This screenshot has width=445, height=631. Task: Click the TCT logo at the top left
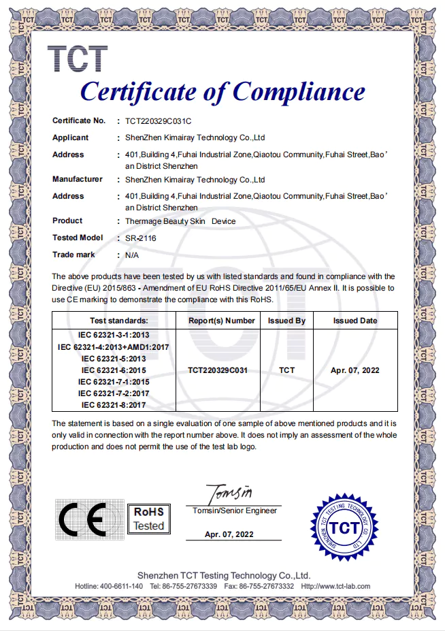[78, 59]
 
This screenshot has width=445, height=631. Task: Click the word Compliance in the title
[298, 91]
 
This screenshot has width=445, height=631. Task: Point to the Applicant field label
[71, 137]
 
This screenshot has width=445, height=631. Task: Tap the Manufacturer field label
[78, 179]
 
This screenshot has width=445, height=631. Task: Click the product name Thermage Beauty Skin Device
[180, 221]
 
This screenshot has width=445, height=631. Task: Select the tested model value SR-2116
[142, 238]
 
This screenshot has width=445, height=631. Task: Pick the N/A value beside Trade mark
[133, 255]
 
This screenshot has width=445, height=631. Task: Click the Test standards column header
[114, 321]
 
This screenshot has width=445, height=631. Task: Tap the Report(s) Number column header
[221, 321]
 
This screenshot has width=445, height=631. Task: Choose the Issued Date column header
[355, 321]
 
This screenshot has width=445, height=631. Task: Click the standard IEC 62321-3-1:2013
[114, 335]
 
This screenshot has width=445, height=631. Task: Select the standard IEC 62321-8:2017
[114, 405]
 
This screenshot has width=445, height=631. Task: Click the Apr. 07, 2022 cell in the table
[355, 370]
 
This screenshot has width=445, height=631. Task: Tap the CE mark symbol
[80, 520]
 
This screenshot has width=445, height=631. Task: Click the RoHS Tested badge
[148, 519]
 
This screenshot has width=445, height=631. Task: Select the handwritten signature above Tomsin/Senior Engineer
[229, 491]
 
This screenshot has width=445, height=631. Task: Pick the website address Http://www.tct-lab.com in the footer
[335, 586]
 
